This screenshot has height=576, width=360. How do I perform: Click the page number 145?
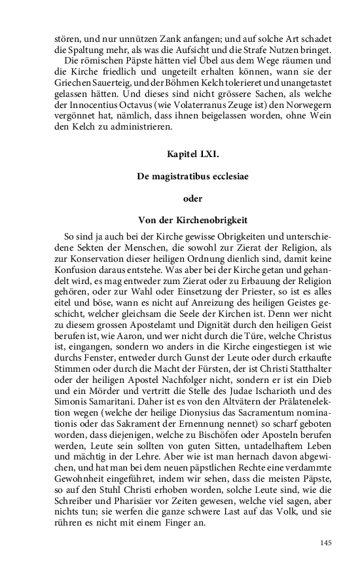click(x=326, y=543)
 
